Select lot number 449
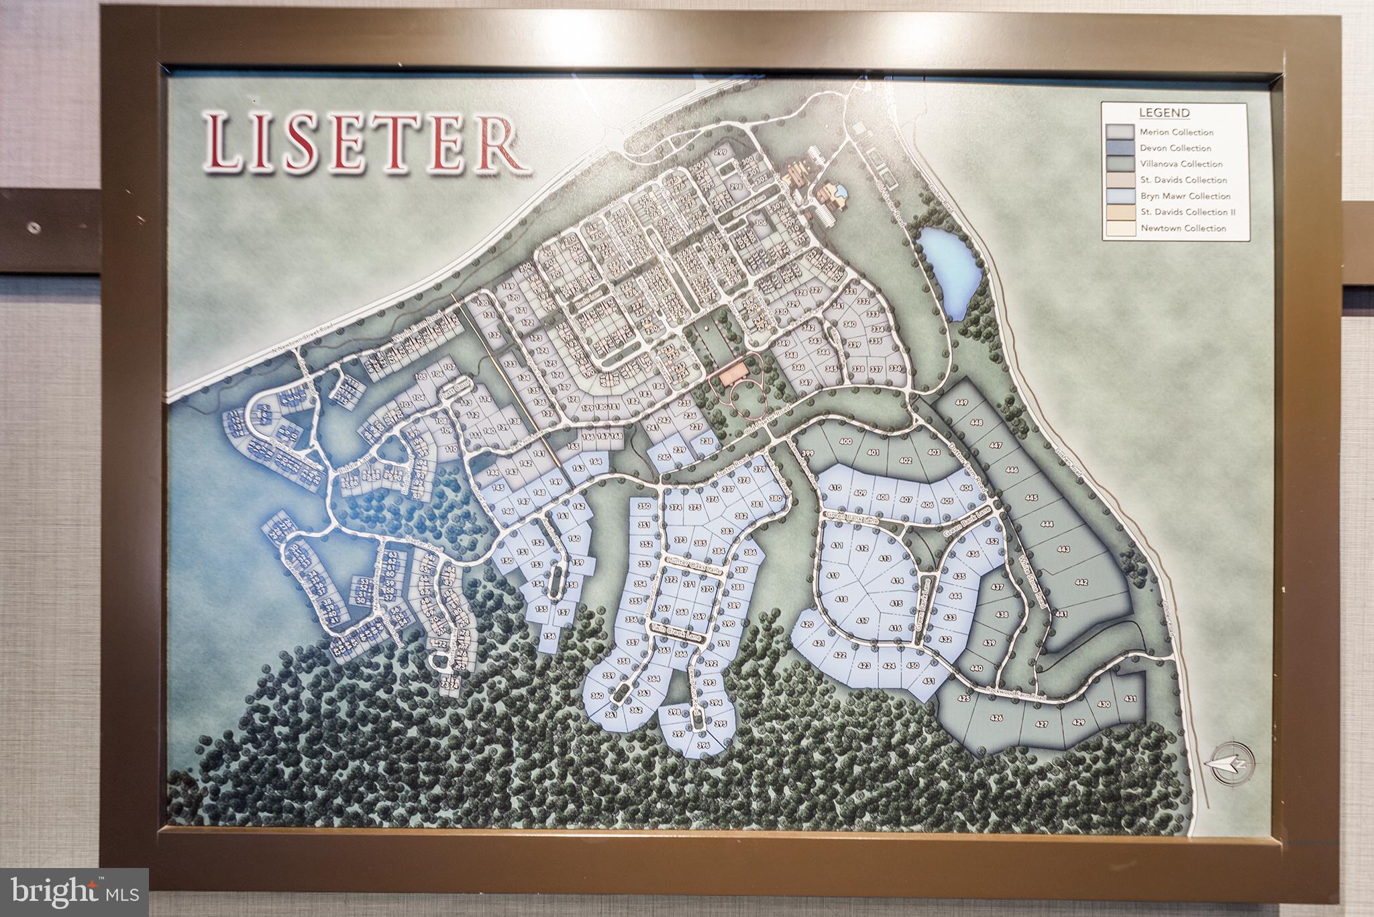tap(962, 403)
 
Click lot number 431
tap(1132, 699)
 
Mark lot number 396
tap(703, 745)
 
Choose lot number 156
tap(550, 636)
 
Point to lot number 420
tap(808, 625)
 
